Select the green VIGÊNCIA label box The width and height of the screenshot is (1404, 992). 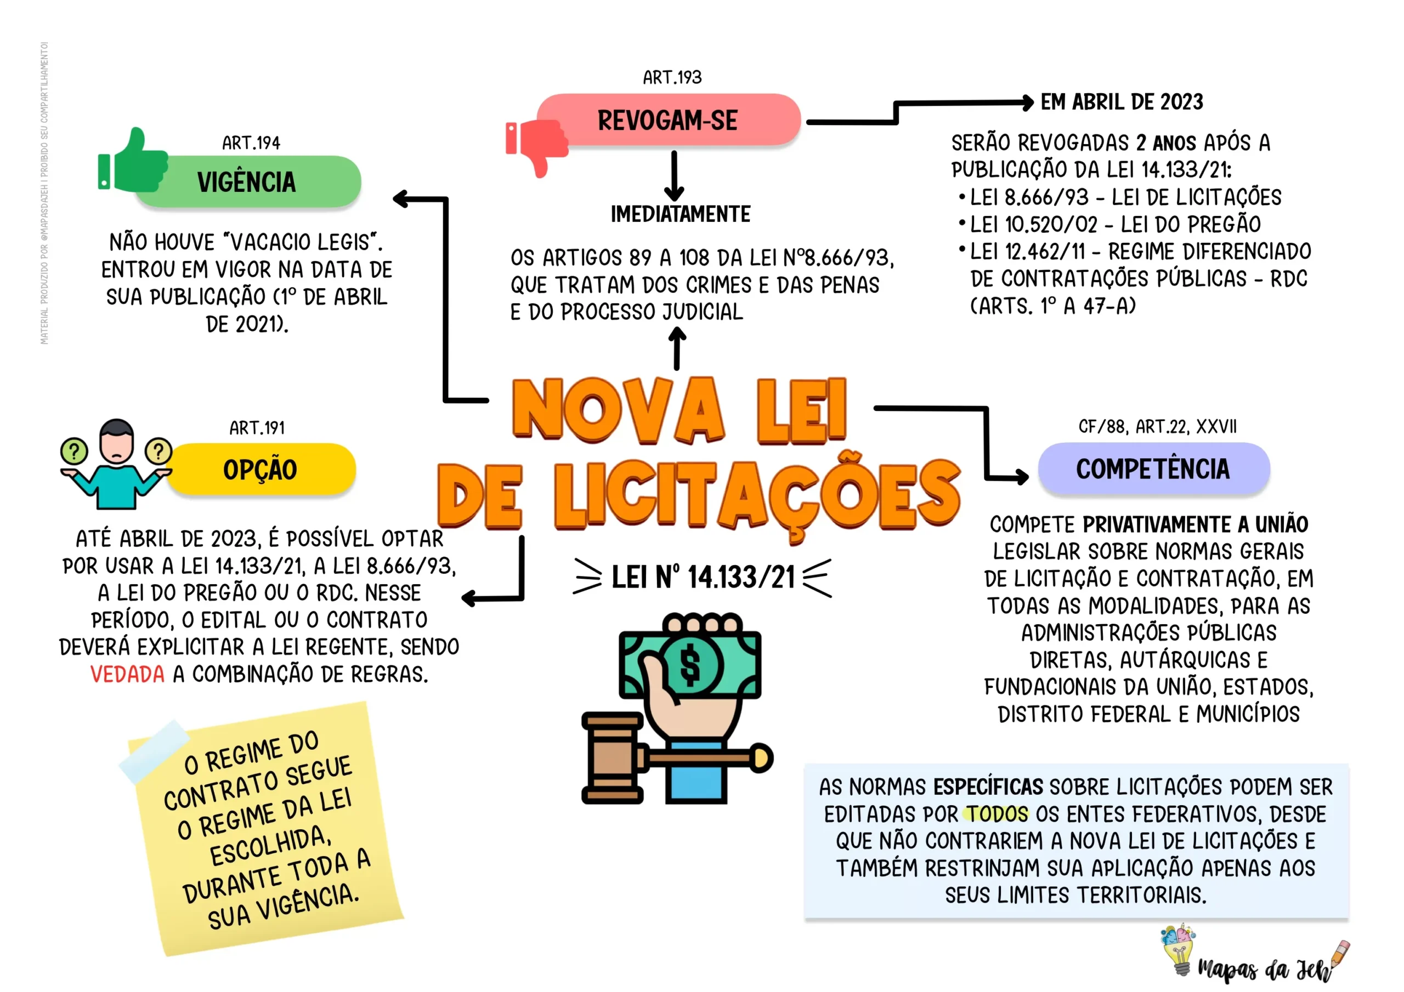[x=248, y=181]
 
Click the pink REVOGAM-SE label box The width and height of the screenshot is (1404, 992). [x=669, y=120]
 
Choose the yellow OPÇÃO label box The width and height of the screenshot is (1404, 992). [x=261, y=469]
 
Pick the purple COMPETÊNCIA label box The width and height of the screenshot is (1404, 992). [x=1153, y=469]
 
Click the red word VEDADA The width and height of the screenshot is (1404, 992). [x=127, y=674]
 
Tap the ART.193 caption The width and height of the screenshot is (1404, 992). [x=672, y=78]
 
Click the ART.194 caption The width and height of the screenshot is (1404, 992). [x=251, y=143]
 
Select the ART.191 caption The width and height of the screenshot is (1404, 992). [x=257, y=428]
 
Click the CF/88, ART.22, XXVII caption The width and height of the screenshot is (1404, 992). [x=1158, y=426]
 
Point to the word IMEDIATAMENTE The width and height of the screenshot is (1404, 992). [x=681, y=214]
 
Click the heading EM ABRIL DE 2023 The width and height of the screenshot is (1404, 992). [x=1122, y=102]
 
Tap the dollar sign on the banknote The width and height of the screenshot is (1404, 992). [x=690, y=665]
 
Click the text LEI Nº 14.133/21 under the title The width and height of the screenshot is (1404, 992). [x=703, y=577]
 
